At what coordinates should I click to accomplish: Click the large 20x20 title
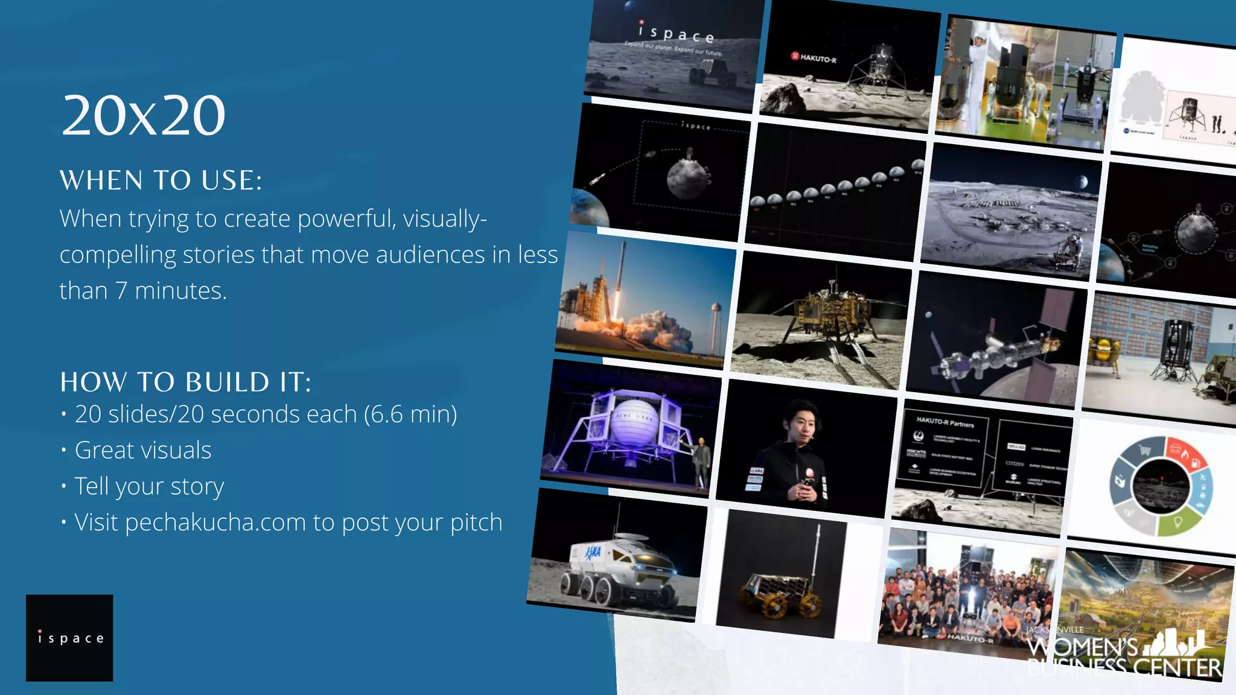coord(144,115)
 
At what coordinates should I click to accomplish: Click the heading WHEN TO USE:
coord(161,180)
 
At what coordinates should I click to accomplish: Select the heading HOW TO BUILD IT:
coord(185,382)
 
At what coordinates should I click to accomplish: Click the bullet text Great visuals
coord(143,451)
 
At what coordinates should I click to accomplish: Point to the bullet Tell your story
coord(149,487)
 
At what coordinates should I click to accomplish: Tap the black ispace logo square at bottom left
coord(69,638)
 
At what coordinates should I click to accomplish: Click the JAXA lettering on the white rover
coord(593,551)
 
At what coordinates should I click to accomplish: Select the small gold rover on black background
coord(779,591)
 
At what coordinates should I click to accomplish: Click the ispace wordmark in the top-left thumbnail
coord(677,33)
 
